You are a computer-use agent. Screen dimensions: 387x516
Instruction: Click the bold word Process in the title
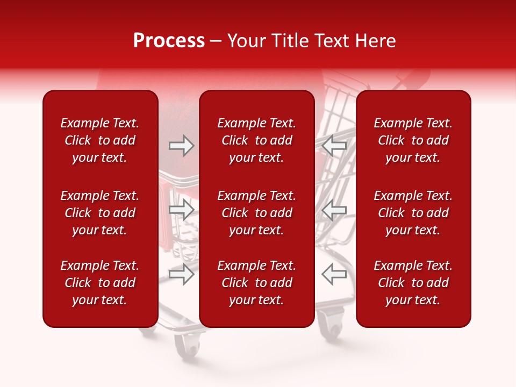169,41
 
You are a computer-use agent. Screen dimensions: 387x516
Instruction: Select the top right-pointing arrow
182,146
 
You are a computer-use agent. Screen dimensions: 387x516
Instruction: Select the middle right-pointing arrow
182,210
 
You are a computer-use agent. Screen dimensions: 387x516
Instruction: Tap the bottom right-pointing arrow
182,274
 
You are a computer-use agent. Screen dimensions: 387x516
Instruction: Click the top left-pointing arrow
334,146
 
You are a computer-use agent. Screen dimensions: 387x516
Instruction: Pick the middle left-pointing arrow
334,210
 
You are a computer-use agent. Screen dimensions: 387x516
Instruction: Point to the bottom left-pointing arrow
334,274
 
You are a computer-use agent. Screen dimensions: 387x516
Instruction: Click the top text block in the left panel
100,140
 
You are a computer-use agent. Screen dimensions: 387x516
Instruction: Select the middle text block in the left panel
100,213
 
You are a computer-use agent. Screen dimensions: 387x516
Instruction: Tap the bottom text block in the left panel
100,283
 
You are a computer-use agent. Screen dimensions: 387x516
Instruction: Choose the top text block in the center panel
257,140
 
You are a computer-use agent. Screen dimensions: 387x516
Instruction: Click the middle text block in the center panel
257,213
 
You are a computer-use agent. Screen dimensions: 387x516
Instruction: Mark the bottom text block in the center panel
257,283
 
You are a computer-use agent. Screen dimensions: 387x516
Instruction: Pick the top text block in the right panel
413,140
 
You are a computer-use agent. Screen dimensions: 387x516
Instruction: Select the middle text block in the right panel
413,213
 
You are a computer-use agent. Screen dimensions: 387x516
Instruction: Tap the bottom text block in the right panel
413,283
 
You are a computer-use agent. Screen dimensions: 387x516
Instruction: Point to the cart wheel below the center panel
331,328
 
